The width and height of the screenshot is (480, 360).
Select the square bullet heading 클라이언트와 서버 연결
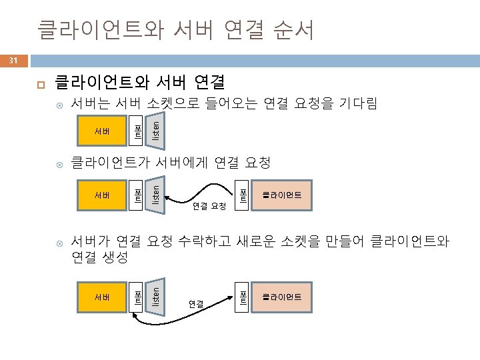point(139,83)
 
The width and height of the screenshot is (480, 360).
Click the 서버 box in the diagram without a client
point(102,130)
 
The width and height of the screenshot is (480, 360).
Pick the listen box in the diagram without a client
point(153,130)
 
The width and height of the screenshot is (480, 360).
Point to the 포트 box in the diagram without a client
point(135,130)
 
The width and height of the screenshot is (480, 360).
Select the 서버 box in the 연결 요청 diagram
point(102,195)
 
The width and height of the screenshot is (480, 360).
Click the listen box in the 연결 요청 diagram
point(153,195)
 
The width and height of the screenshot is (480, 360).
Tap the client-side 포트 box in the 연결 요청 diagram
point(243,195)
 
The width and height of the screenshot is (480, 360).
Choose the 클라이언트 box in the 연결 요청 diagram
point(281,195)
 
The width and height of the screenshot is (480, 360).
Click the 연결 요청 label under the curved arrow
point(209,207)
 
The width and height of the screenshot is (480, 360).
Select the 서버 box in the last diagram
point(102,296)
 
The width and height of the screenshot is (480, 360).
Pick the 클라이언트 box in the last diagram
point(281,296)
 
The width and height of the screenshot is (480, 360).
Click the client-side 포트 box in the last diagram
point(243,296)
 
